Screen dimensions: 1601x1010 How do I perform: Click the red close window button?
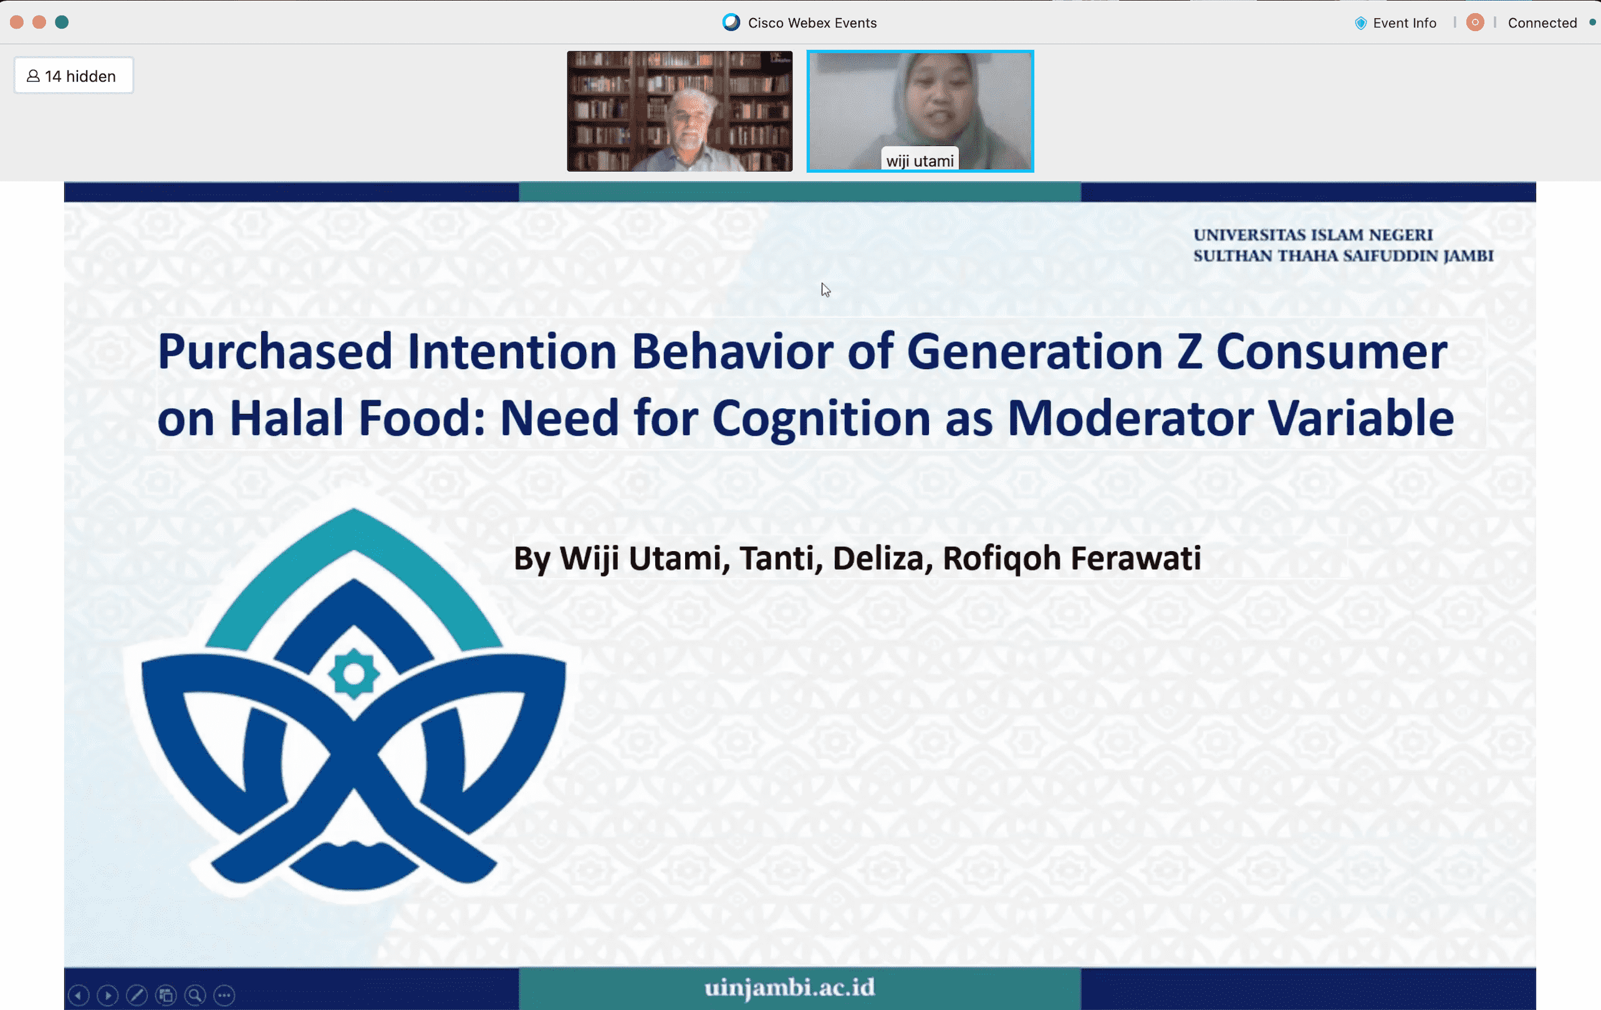point(17,22)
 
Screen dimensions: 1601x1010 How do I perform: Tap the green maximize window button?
point(62,22)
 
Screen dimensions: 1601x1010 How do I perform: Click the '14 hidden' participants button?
point(73,76)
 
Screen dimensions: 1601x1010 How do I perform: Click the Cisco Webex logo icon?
point(731,22)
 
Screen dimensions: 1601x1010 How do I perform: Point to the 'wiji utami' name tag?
point(920,160)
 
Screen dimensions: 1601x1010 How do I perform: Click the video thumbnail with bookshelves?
point(680,111)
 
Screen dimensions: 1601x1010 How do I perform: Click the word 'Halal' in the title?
point(287,418)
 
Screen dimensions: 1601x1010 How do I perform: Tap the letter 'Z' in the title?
point(1190,352)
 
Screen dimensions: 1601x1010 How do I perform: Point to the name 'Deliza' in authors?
point(878,558)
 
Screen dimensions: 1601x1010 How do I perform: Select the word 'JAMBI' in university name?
point(1468,256)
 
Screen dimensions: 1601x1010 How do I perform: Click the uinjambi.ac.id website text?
point(790,988)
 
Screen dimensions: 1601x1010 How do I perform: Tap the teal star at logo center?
point(353,673)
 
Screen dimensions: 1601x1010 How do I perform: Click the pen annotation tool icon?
point(137,994)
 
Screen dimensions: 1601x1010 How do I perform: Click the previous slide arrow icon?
point(79,994)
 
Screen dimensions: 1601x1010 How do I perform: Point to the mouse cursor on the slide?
point(825,290)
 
